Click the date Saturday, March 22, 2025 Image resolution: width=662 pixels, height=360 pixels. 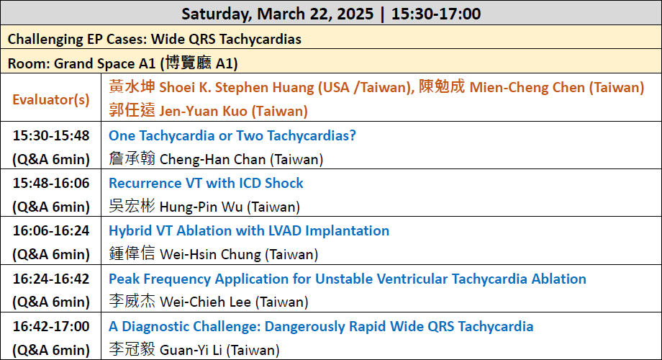click(277, 14)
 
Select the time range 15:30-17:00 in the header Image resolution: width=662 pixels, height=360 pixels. click(436, 14)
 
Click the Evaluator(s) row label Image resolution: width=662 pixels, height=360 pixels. click(50, 99)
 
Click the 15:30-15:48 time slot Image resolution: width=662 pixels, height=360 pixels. click(51, 135)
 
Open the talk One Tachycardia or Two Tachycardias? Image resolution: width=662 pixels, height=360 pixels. click(232, 135)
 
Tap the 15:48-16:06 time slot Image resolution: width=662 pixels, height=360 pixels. click(51, 183)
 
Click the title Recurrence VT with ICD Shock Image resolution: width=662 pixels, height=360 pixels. click(206, 183)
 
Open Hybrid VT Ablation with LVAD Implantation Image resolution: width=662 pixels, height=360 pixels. click(249, 230)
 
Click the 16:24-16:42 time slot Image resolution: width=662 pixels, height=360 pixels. click(51, 279)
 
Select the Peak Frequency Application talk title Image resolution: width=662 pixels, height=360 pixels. click(348, 279)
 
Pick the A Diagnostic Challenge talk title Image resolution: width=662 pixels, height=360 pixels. click(321, 327)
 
